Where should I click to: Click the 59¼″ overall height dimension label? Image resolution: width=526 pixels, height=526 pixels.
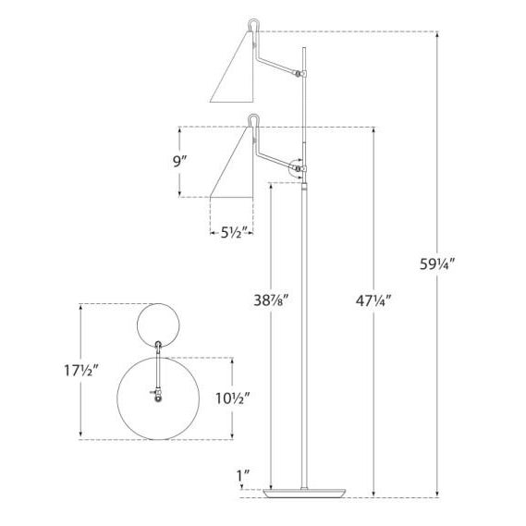(x=437, y=264)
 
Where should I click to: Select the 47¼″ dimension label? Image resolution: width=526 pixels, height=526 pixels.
(x=373, y=301)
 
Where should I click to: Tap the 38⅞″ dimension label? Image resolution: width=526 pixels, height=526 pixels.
(x=271, y=300)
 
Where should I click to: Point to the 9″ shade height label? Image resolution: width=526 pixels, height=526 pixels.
(x=179, y=162)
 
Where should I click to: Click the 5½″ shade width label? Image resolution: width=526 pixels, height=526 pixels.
(x=235, y=232)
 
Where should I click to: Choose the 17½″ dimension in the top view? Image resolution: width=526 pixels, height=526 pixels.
(x=81, y=371)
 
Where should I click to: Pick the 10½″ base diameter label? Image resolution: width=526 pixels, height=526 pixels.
(x=232, y=398)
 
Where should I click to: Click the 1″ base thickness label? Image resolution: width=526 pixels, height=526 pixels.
(x=243, y=476)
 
